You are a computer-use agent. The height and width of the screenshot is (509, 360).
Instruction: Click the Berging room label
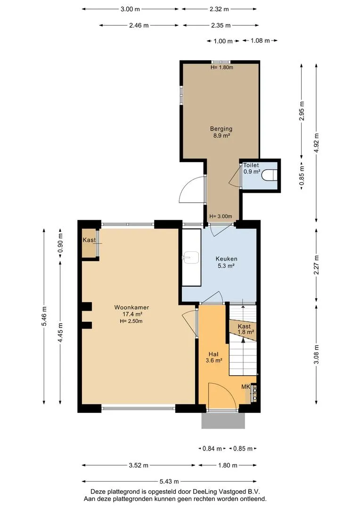221,129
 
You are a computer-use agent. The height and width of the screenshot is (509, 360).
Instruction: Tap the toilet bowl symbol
269,175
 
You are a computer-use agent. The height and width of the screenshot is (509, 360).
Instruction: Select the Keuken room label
226,259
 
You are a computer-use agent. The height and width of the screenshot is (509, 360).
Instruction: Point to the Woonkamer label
131,307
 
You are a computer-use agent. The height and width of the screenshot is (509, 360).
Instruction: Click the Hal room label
213,354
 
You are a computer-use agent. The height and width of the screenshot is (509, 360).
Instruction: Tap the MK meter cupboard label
246,386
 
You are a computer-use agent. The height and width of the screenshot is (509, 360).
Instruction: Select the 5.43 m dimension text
169,481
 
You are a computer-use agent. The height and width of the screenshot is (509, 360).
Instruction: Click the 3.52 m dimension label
139,465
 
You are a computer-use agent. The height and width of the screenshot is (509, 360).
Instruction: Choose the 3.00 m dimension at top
130,9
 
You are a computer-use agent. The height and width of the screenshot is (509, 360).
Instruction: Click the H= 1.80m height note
222,67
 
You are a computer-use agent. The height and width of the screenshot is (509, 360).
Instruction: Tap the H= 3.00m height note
221,216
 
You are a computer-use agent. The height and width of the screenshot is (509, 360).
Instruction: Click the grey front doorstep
223,421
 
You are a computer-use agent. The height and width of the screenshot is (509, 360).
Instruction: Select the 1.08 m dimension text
260,41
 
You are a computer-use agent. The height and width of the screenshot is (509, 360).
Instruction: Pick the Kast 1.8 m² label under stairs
245,329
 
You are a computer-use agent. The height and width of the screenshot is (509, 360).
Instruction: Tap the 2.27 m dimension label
317,265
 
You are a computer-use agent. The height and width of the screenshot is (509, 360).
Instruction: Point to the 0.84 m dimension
212,449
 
